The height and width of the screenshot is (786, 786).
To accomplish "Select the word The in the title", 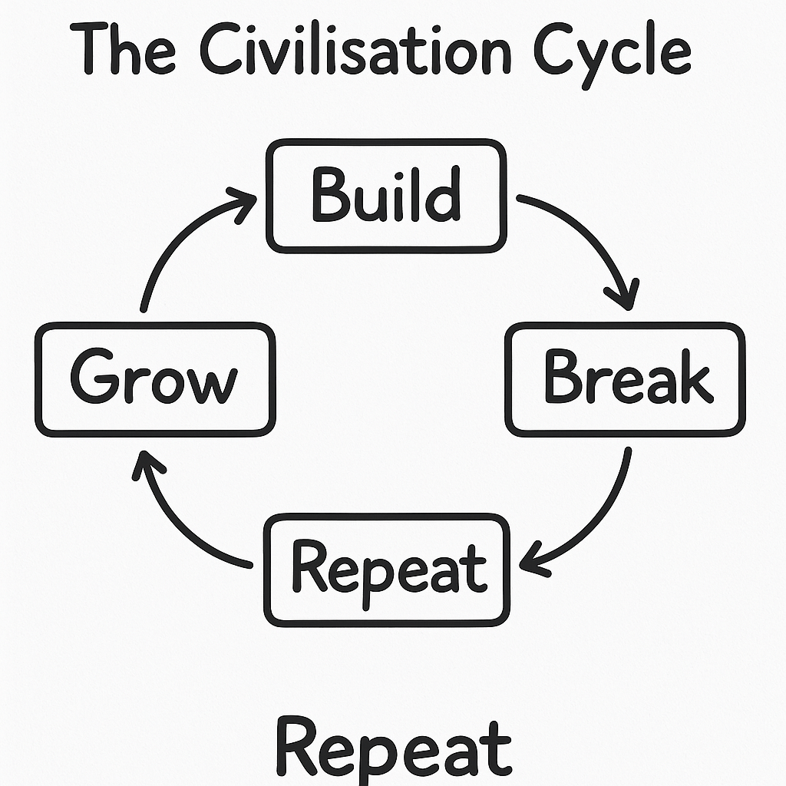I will [x=123, y=51].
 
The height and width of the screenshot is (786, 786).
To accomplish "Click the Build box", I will [x=386, y=196].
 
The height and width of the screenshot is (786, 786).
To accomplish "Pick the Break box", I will [x=625, y=379].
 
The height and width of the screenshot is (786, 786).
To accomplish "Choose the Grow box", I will [x=156, y=379].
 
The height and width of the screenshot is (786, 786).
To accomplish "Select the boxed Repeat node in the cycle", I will [x=386, y=569].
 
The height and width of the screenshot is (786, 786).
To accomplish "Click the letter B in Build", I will [x=328, y=195].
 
